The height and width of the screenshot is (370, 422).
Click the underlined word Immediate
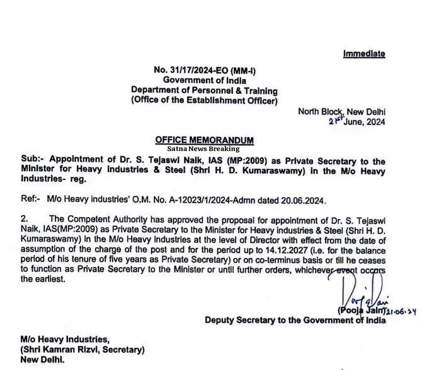(x=364, y=54)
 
